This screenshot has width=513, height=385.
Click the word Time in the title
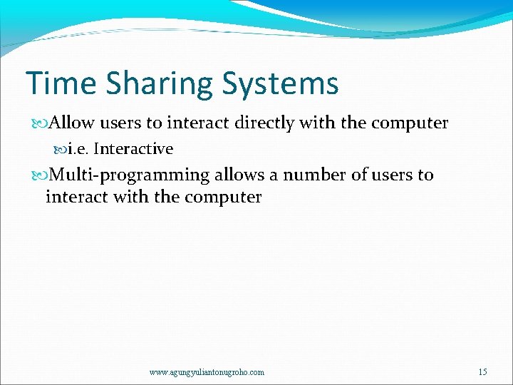(60, 83)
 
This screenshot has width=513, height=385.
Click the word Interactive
(133, 149)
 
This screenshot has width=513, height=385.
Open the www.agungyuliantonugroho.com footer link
(207, 372)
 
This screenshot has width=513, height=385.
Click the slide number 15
(483, 372)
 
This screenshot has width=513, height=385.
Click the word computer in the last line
(223, 197)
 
